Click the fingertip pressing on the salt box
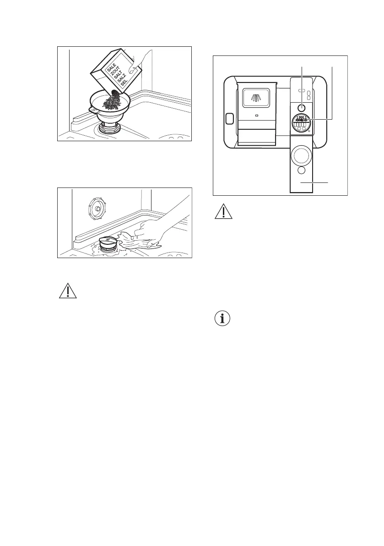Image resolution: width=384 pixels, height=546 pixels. tap(133, 70)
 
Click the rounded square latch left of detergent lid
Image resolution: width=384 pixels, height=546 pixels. tap(229, 119)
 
